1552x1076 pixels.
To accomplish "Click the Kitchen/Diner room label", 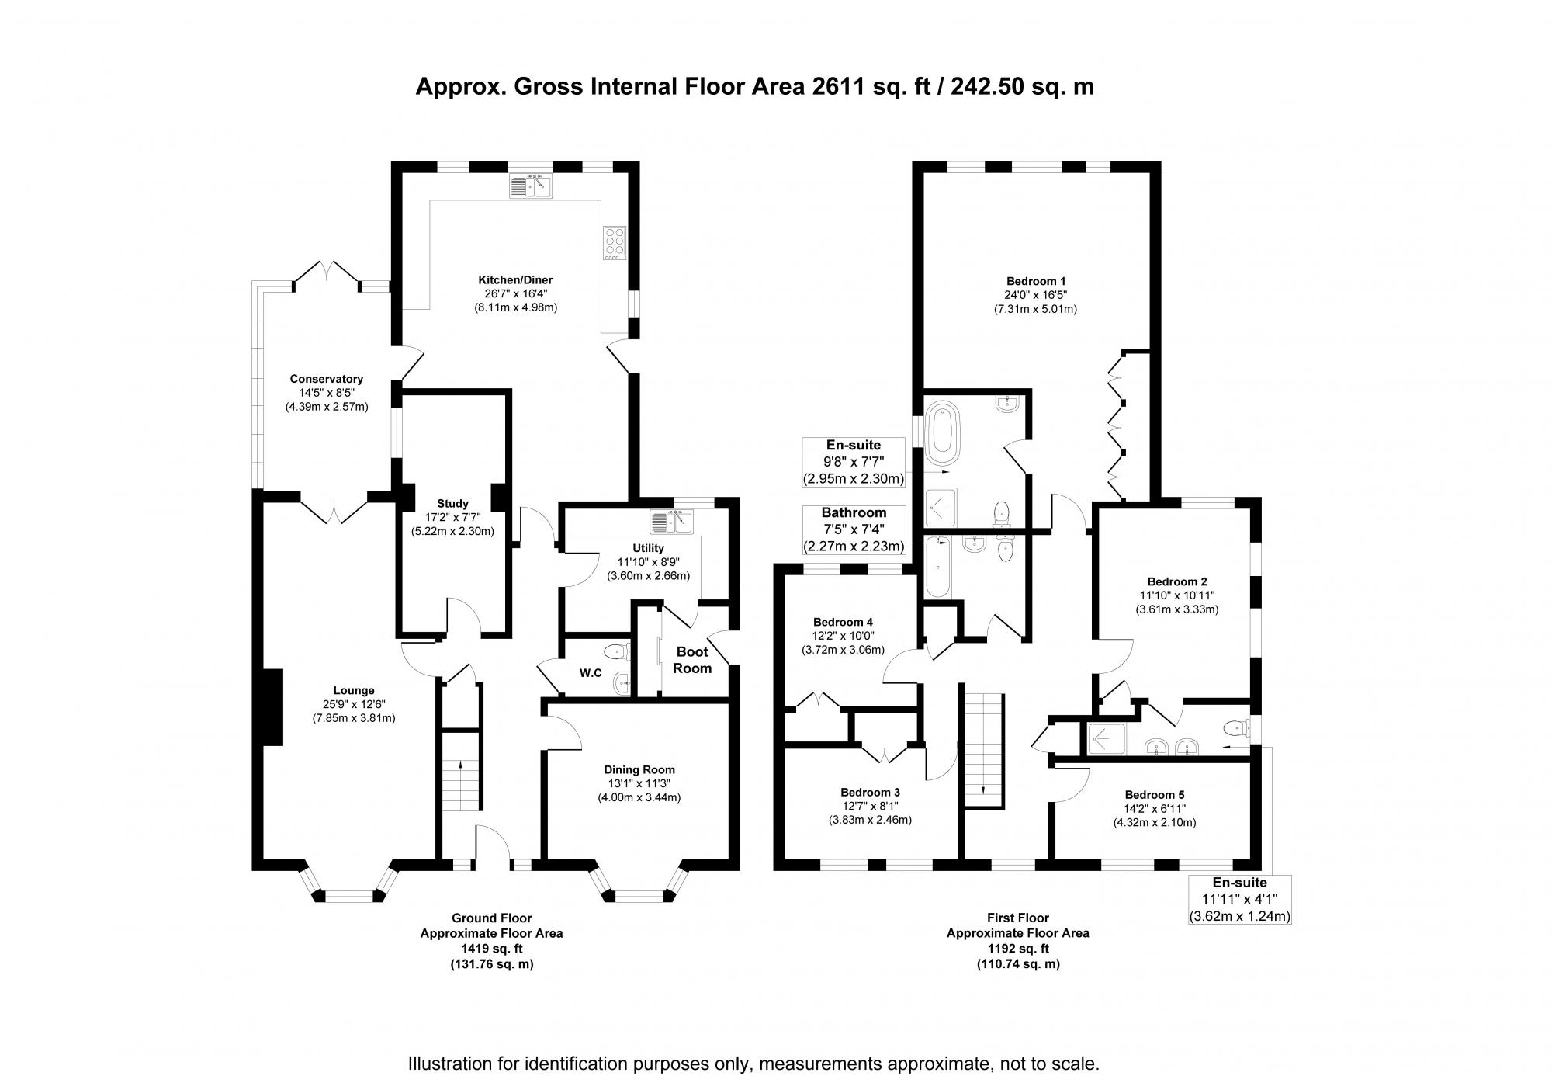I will pos(515,280).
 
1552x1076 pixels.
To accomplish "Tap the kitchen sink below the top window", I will pos(531,186).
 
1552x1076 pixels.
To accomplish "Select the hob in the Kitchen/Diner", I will pos(614,241).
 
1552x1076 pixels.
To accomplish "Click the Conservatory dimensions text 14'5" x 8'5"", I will pos(326,393).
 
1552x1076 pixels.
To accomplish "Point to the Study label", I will pos(452,504).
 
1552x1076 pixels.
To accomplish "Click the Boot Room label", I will pos(691,660).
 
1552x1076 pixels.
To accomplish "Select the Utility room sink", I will pos(672,522).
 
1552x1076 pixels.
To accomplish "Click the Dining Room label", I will pos(639,769).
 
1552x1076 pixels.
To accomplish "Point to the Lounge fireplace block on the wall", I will pos(272,707).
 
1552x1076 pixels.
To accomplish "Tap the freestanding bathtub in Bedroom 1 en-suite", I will pos(942,428).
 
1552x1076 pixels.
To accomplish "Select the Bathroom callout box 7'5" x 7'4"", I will pos(854,529).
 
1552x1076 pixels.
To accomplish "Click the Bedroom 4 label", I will pos(843,622).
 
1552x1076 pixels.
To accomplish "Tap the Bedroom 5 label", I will pos(1154,795).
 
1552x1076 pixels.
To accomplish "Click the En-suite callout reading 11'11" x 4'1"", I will pos(1239,899).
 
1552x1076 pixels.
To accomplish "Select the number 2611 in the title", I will pos(838,86).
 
